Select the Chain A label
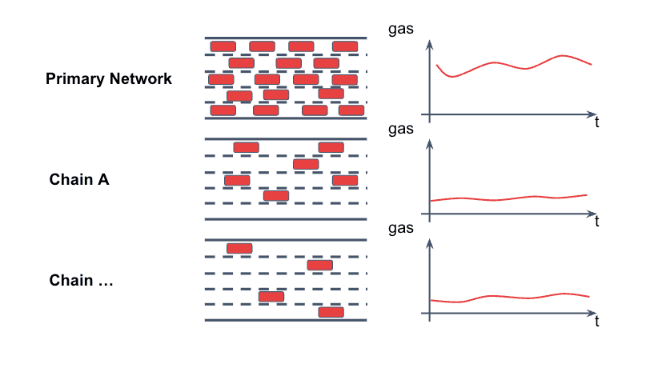coord(79,179)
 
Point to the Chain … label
coord(81,281)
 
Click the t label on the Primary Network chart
coord(597,122)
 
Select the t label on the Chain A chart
coord(597,222)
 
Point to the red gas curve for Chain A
coord(512,198)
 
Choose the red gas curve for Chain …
coord(512,298)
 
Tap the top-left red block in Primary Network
coord(223,46)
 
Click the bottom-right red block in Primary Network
coord(351,110)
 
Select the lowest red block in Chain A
coord(276,195)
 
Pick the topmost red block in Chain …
coord(239,248)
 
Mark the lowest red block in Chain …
coord(331,312)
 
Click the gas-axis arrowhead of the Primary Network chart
coord(430,42)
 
